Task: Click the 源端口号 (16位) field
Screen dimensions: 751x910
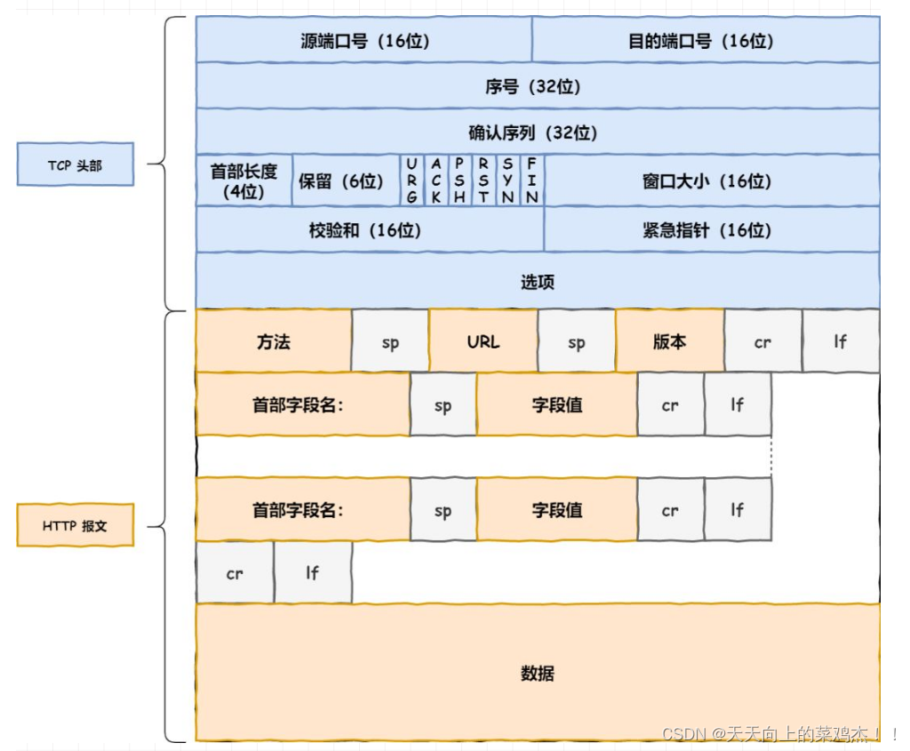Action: point(363,41)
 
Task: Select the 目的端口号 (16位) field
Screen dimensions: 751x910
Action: point(706,41)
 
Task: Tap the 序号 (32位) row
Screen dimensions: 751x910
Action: point(538,86)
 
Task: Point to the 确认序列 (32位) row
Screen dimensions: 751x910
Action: point(538,132)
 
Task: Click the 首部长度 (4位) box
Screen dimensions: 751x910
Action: point(243,180)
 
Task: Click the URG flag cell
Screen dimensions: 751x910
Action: point(411,180)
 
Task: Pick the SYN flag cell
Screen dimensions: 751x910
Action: point(507,180)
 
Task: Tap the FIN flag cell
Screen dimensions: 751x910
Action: point(531,180)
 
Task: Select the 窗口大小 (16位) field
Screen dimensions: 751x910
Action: point(711,180)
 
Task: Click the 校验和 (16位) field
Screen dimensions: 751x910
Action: point(369,229)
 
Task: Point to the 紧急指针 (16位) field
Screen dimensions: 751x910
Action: point(711,229)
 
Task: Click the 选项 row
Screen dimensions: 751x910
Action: point(538,282)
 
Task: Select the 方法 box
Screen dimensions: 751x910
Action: point(274,341)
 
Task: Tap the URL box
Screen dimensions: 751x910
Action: point(483,341)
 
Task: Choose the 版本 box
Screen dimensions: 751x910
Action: point(669,341)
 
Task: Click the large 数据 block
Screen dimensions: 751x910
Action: point(538,673)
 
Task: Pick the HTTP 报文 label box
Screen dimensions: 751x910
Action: point(76,526)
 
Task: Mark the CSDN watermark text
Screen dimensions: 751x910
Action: point(777,734)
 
